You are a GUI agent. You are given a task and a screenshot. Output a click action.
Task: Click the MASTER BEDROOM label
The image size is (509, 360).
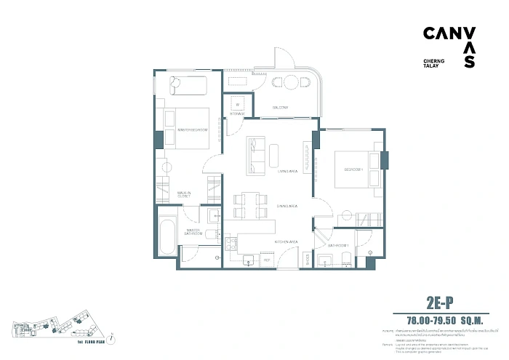pos(193,129)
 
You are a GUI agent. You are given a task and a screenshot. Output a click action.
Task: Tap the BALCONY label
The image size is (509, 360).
pos(281,108)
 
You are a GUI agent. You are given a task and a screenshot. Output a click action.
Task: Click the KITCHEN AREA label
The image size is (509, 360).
pos(285,241)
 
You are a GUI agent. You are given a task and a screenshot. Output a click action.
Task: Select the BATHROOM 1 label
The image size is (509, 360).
pos(339,246)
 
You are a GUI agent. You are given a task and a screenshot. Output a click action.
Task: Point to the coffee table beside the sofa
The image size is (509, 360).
pos(273,154)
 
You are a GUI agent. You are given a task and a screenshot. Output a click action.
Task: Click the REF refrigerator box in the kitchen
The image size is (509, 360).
pos(266,259)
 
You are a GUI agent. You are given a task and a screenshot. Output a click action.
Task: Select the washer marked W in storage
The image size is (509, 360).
pos(237,104)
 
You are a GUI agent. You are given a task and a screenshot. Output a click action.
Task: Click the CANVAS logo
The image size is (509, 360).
pos(450,47)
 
